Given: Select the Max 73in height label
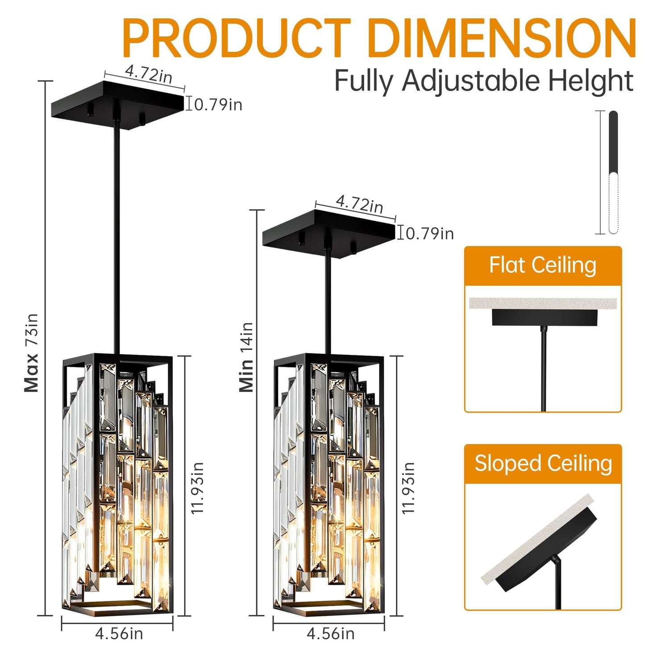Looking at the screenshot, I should coord(32,353).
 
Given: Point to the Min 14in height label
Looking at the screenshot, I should coord(246,357).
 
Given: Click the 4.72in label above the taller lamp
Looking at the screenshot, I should coord(148,74).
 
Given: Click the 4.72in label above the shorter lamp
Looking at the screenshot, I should coord(359,204).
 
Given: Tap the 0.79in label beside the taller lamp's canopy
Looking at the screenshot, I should coord(218,104).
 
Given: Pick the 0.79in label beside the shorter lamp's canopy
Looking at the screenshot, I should coord(429,233).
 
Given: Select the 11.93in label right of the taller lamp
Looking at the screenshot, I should coord(197,487).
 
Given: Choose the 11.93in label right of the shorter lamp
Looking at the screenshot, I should coord(408,487).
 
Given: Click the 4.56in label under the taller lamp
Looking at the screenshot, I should coord(119,633).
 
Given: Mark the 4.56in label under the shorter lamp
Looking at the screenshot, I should coord(330,633).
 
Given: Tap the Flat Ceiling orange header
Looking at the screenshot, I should coord(543,265).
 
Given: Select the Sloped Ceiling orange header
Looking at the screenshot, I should coord(543,463).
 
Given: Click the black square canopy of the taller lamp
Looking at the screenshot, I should coord(117,105).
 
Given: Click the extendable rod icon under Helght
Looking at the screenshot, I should coord(613,172).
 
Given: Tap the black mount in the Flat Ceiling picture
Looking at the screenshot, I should coord(545,317).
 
